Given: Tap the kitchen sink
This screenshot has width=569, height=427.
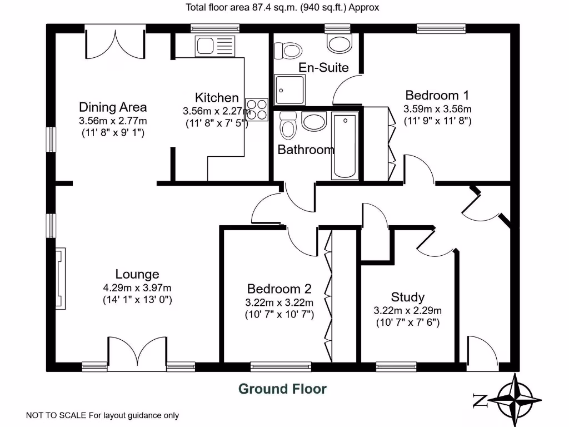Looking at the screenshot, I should [215, 45].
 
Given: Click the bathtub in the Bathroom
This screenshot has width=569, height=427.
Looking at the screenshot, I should [346, 146].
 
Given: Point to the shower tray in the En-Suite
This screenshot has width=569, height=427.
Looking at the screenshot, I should [290, 90].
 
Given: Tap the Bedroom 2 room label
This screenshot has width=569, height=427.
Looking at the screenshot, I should [279, 289].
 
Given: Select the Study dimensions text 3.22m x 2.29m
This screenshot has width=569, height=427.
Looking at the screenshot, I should [408, 310].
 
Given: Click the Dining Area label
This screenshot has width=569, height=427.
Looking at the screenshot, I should [113, 107].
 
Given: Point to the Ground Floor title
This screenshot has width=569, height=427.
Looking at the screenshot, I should [282, 389].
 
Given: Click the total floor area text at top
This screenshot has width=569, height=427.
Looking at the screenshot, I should [282, 7].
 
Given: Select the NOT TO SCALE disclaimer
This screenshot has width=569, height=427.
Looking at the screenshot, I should [103, 415].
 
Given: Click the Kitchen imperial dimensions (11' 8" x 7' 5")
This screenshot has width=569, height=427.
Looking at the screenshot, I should [216, 123].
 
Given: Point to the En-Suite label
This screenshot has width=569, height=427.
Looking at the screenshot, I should [323, 68].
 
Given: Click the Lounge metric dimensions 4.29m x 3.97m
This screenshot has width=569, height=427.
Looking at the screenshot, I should [137, 287].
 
